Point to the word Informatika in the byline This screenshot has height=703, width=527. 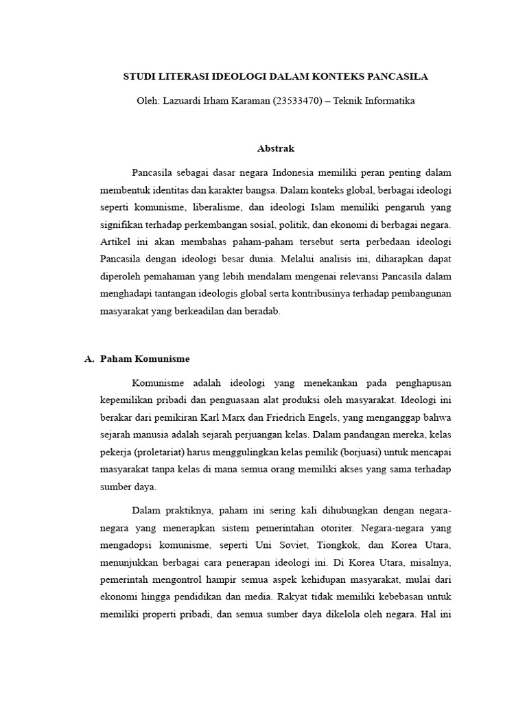pos(389,100)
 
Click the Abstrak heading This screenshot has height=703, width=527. pos(275,148)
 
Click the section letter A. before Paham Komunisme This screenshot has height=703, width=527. pos(88,358)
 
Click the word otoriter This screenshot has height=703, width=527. pos(333,528)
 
